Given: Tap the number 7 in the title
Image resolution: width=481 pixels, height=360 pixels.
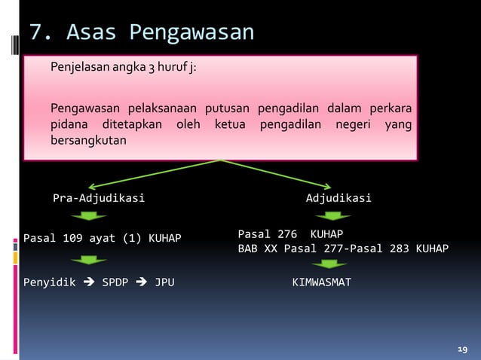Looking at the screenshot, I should point(35,33).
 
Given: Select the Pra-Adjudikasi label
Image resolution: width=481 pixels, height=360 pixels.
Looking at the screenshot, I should point(98,199).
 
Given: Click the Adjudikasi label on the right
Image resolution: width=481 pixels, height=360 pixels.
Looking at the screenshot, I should point(338,199).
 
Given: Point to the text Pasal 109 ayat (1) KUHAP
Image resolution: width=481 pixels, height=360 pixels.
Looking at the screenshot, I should point(103,239).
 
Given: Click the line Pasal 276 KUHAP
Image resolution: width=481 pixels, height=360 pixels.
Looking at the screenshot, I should point(284,233).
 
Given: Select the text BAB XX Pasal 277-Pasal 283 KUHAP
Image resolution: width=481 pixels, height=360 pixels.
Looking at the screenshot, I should point(343,249).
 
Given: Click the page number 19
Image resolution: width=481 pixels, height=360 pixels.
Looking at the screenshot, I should point(462,349).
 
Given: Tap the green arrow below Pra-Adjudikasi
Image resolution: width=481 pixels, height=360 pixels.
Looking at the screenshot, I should point(90,217).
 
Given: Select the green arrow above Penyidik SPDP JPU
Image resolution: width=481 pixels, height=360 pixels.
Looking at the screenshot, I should point(90,261).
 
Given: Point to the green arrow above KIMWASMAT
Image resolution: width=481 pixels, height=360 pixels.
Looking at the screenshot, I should point(329,264).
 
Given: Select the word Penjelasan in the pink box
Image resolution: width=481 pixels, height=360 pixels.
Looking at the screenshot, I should point(80,69).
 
